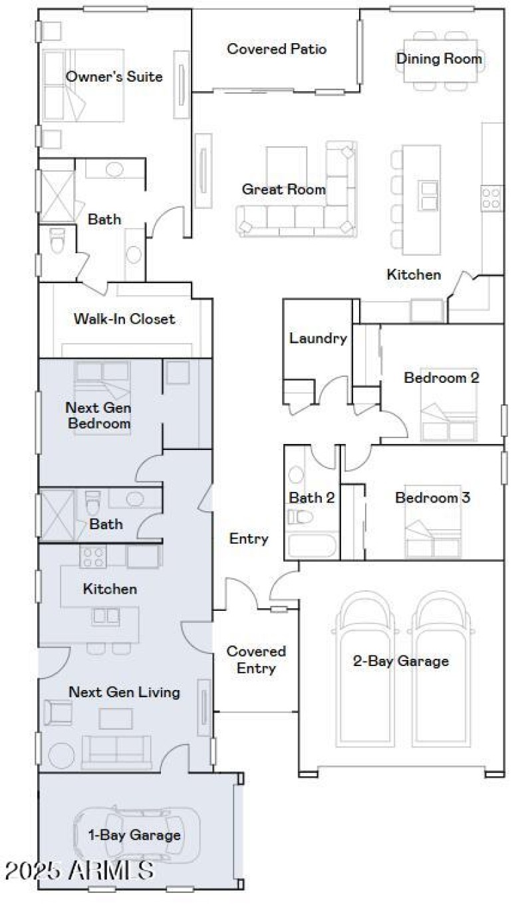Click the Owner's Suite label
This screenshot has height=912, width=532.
point(114,77)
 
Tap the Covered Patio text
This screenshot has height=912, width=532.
point(277,49)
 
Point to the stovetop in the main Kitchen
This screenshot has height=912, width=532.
point(492,197)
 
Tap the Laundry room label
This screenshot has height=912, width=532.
point(318,338)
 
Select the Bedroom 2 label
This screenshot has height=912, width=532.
point(442,378)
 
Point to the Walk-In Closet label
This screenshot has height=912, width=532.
point(124,319)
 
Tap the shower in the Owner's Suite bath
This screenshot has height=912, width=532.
point(57,196)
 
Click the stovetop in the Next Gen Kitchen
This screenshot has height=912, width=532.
point(92,556)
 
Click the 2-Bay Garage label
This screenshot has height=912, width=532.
point(400,661)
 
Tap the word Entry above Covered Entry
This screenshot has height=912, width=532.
point(249,538)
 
